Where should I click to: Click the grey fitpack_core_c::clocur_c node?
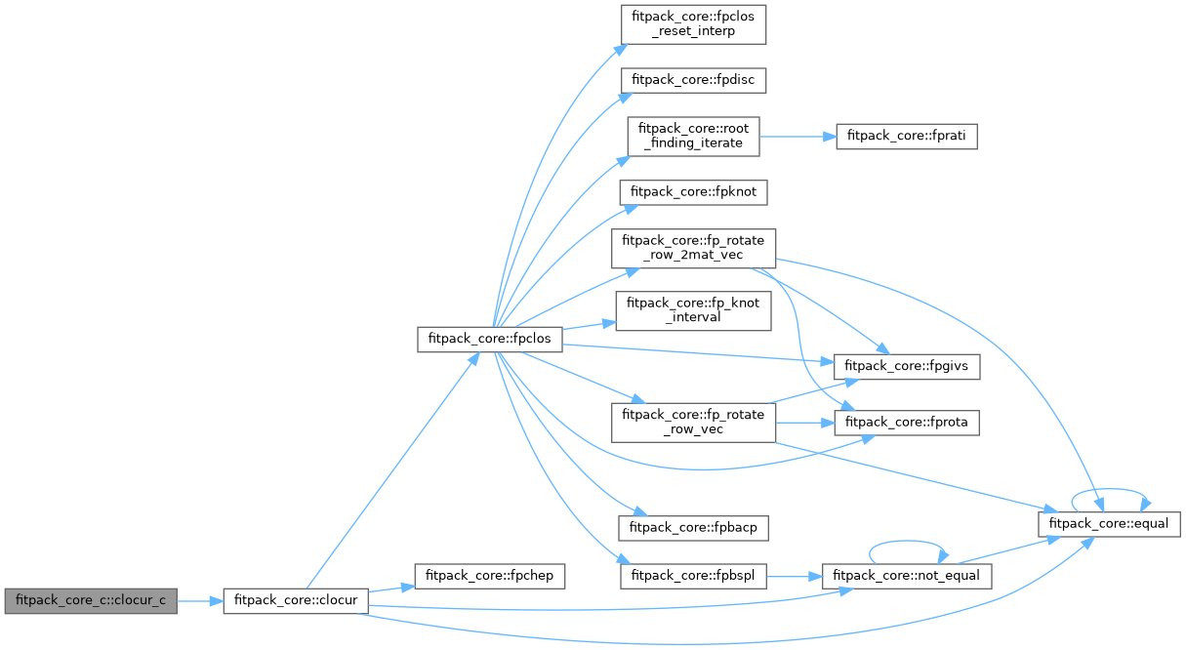tap(90, 601)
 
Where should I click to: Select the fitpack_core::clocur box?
tap(296, 601)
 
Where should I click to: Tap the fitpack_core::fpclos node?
tap(490, 340)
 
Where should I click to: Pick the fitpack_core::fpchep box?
tap(490, 576)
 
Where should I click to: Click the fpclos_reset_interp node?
tap(693, 23)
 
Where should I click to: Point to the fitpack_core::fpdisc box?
tap(693, 80)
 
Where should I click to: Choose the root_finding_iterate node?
tap(693, 136)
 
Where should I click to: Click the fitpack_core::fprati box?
tap(906, 137)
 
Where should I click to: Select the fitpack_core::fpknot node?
tap(693, 192)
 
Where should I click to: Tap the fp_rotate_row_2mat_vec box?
tap(693, 249)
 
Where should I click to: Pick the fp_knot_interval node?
tap(693, 311)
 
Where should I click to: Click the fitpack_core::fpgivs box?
tap(906, 367)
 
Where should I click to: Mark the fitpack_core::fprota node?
tap(906, 423)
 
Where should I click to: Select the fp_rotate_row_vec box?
tap(693, 422)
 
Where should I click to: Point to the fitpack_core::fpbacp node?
tap(693, 527)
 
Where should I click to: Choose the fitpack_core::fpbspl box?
tap(693, 576)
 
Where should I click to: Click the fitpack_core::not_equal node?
tap(907, 576)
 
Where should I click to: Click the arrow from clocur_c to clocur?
tap(200, 601)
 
